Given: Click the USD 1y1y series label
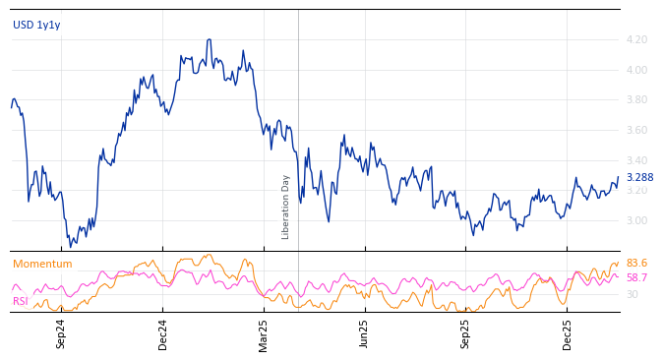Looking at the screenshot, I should point(36,25).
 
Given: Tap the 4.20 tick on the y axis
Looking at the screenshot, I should point(635,40).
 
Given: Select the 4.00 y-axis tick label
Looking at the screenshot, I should point(635,70).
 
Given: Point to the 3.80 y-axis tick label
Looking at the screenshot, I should point(635,100).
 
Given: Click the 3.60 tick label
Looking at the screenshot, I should point(635,131).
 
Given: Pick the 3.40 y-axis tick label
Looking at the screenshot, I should point(635,160).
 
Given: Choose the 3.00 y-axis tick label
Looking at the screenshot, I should point(635,221).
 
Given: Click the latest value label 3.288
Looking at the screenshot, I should point(639,178).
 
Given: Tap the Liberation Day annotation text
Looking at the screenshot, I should point(286,207).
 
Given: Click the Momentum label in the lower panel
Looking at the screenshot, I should point(42,265).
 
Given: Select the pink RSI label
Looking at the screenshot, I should point(21,301).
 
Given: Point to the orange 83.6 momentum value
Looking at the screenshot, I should point(636,264).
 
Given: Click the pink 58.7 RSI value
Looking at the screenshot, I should point(636,278).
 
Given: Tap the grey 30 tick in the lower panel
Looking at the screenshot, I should point(632,294).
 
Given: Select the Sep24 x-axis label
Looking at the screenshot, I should point(61,333).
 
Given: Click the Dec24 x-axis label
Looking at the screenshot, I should point(163,333).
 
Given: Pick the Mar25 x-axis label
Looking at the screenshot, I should point(264,333).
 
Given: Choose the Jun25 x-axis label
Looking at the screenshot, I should point(365,333).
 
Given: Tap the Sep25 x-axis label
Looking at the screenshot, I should point(466,333).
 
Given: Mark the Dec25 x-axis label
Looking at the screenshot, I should point(568,333).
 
